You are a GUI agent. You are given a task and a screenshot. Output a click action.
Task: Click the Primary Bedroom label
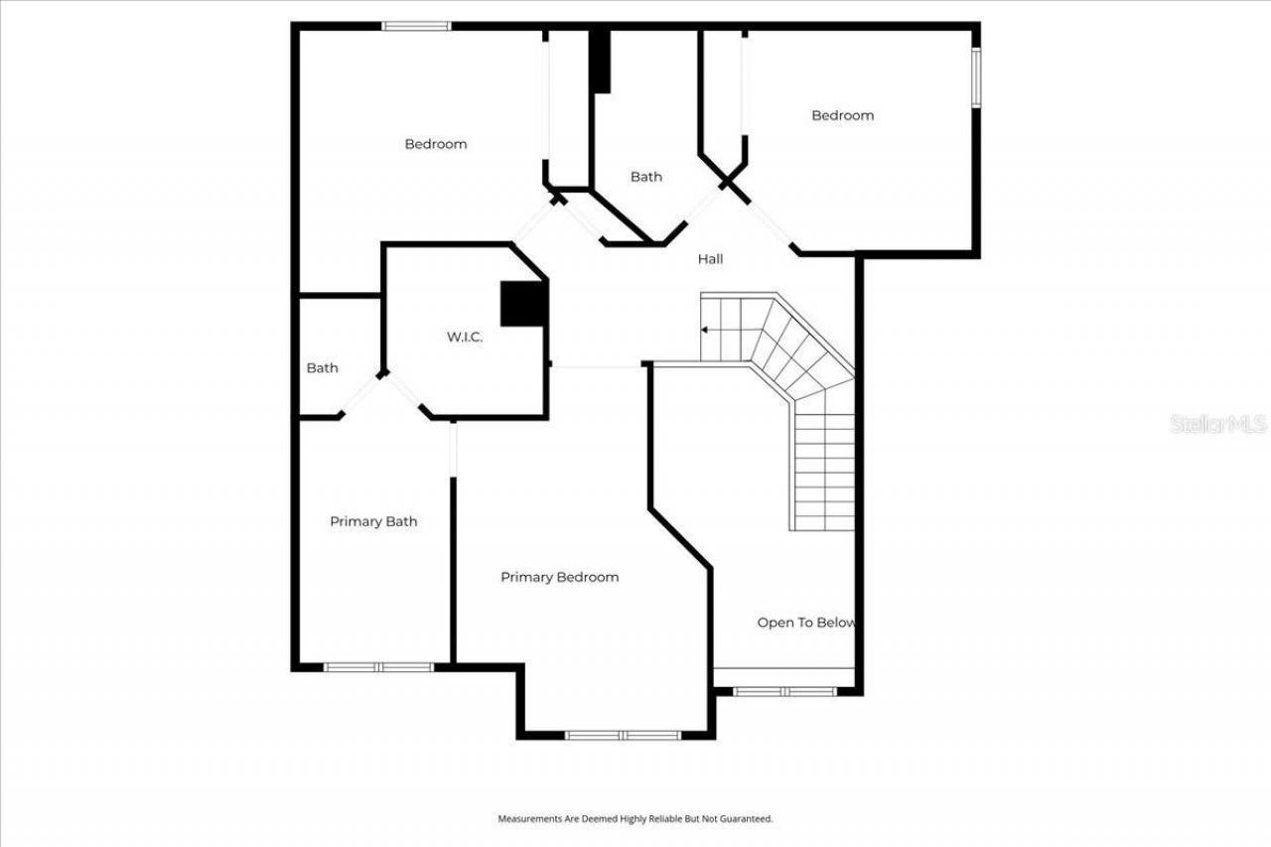559,577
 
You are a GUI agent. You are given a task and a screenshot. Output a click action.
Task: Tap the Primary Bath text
373,521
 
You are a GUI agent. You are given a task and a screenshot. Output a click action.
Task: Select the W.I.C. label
464,338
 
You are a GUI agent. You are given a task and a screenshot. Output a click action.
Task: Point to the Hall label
710,259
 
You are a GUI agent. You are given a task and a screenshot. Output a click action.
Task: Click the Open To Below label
805,623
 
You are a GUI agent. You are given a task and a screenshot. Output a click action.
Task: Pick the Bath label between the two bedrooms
645,177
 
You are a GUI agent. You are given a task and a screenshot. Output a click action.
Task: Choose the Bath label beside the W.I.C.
322,367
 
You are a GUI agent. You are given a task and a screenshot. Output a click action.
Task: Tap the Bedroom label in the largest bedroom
435,144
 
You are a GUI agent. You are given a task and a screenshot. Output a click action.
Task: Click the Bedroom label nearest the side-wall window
842,115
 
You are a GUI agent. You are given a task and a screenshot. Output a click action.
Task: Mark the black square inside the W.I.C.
523,304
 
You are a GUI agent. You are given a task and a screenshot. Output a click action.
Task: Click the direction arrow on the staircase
705,330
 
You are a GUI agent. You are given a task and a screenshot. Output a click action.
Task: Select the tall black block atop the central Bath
600,62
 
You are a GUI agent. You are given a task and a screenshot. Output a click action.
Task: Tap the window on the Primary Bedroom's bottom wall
623,735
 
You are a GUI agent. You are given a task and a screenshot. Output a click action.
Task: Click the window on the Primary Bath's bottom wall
379,667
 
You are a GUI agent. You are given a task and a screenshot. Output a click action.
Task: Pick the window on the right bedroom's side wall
976,78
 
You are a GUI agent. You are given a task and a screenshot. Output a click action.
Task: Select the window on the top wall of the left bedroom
417,26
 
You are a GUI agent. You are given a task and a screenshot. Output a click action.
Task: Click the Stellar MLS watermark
1218,424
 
